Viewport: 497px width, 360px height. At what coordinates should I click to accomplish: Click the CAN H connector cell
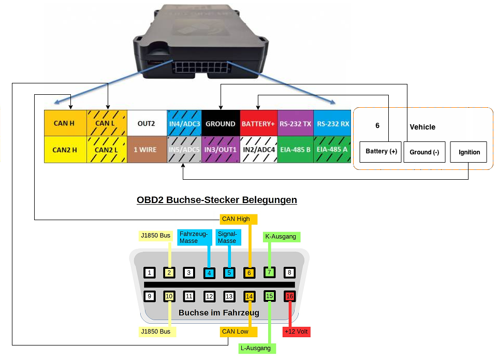point(65,123)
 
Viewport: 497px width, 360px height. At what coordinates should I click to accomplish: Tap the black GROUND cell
point(220,124)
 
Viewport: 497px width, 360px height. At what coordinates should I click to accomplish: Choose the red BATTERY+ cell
point(258,124)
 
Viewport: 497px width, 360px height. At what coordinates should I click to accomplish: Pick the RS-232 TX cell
point(295,124)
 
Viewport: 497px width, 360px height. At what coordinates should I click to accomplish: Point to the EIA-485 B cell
point(295,150)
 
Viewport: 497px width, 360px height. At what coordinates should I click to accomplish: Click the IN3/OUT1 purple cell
point(220,150)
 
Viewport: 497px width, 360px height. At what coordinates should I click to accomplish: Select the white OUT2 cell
point(146,123)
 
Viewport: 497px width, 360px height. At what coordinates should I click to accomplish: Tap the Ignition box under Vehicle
point(469,152)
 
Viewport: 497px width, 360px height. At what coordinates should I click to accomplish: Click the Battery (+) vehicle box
point(381,151)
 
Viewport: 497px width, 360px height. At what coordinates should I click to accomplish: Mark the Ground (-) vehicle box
point(424,152)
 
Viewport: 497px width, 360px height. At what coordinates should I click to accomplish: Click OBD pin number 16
point(289,297)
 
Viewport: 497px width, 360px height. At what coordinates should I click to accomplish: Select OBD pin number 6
point(250,273)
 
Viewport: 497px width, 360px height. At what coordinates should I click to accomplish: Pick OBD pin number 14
point(250,297)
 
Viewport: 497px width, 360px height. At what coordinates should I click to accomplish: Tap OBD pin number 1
point(149,273)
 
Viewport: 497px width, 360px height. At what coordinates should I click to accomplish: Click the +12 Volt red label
point(296,332)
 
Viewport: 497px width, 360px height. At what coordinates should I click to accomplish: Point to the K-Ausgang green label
point(281,237)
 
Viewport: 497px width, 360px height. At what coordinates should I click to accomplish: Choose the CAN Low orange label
point(235,332)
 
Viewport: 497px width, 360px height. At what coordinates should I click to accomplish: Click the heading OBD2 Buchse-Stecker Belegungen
point(216,199)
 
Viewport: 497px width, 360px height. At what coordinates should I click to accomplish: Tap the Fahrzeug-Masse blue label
point(194,237)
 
